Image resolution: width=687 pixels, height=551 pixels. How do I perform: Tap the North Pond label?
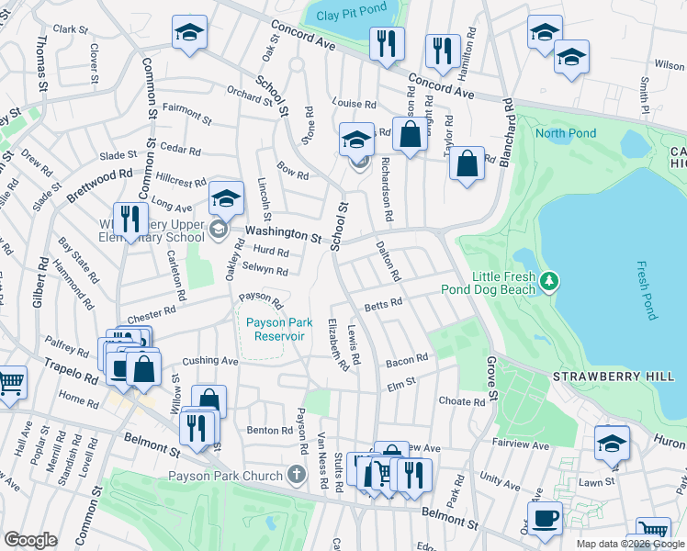click(566, 133)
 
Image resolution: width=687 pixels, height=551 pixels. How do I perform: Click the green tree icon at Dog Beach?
click(550, 281)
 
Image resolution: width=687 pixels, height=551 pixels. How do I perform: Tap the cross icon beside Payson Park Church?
click(296, 475)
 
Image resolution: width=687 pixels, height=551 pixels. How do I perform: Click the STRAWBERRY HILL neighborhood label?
click(601, 377)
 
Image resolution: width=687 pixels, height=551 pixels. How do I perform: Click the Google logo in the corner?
click(30, 540)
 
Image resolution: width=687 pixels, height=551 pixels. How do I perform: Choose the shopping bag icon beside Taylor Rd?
click(467, 164)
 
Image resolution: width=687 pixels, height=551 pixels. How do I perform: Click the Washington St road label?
click(284, 237)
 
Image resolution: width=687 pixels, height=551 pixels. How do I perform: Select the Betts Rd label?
click(383, 303)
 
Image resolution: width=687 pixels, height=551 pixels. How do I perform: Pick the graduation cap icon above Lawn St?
click(612, 443)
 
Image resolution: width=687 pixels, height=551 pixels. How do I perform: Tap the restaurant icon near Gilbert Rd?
click(130, 219)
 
